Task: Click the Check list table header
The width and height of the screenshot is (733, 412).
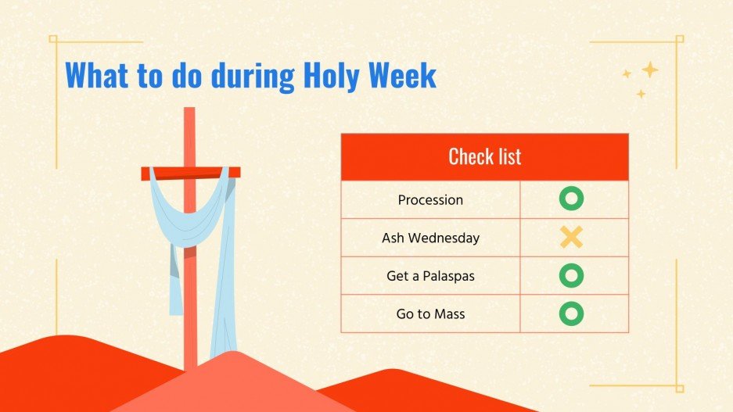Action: click(x=484, y=156)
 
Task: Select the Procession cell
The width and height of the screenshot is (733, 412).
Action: click(x=430, y=200)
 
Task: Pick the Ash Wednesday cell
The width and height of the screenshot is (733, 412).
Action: click(x=430, y=238)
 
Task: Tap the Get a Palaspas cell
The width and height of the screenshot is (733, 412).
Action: click(x=430, y=276)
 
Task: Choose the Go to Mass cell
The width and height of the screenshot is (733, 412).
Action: click(x=430, y=313)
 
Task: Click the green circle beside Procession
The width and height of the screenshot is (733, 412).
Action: click(x=572, y=199)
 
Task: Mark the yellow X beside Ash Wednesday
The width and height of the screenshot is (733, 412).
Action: click(x=572, y=238)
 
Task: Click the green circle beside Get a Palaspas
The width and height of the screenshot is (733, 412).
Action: click(x=572, y=275)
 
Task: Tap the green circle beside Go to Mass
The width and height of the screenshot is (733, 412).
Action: click(x=572, y=313)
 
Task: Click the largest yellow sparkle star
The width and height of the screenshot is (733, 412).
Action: click(x=649, y=70)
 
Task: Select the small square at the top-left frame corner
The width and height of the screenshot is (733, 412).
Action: click(x=53, y=38)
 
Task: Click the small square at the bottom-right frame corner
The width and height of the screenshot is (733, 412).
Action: click(x=679, y=388)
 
